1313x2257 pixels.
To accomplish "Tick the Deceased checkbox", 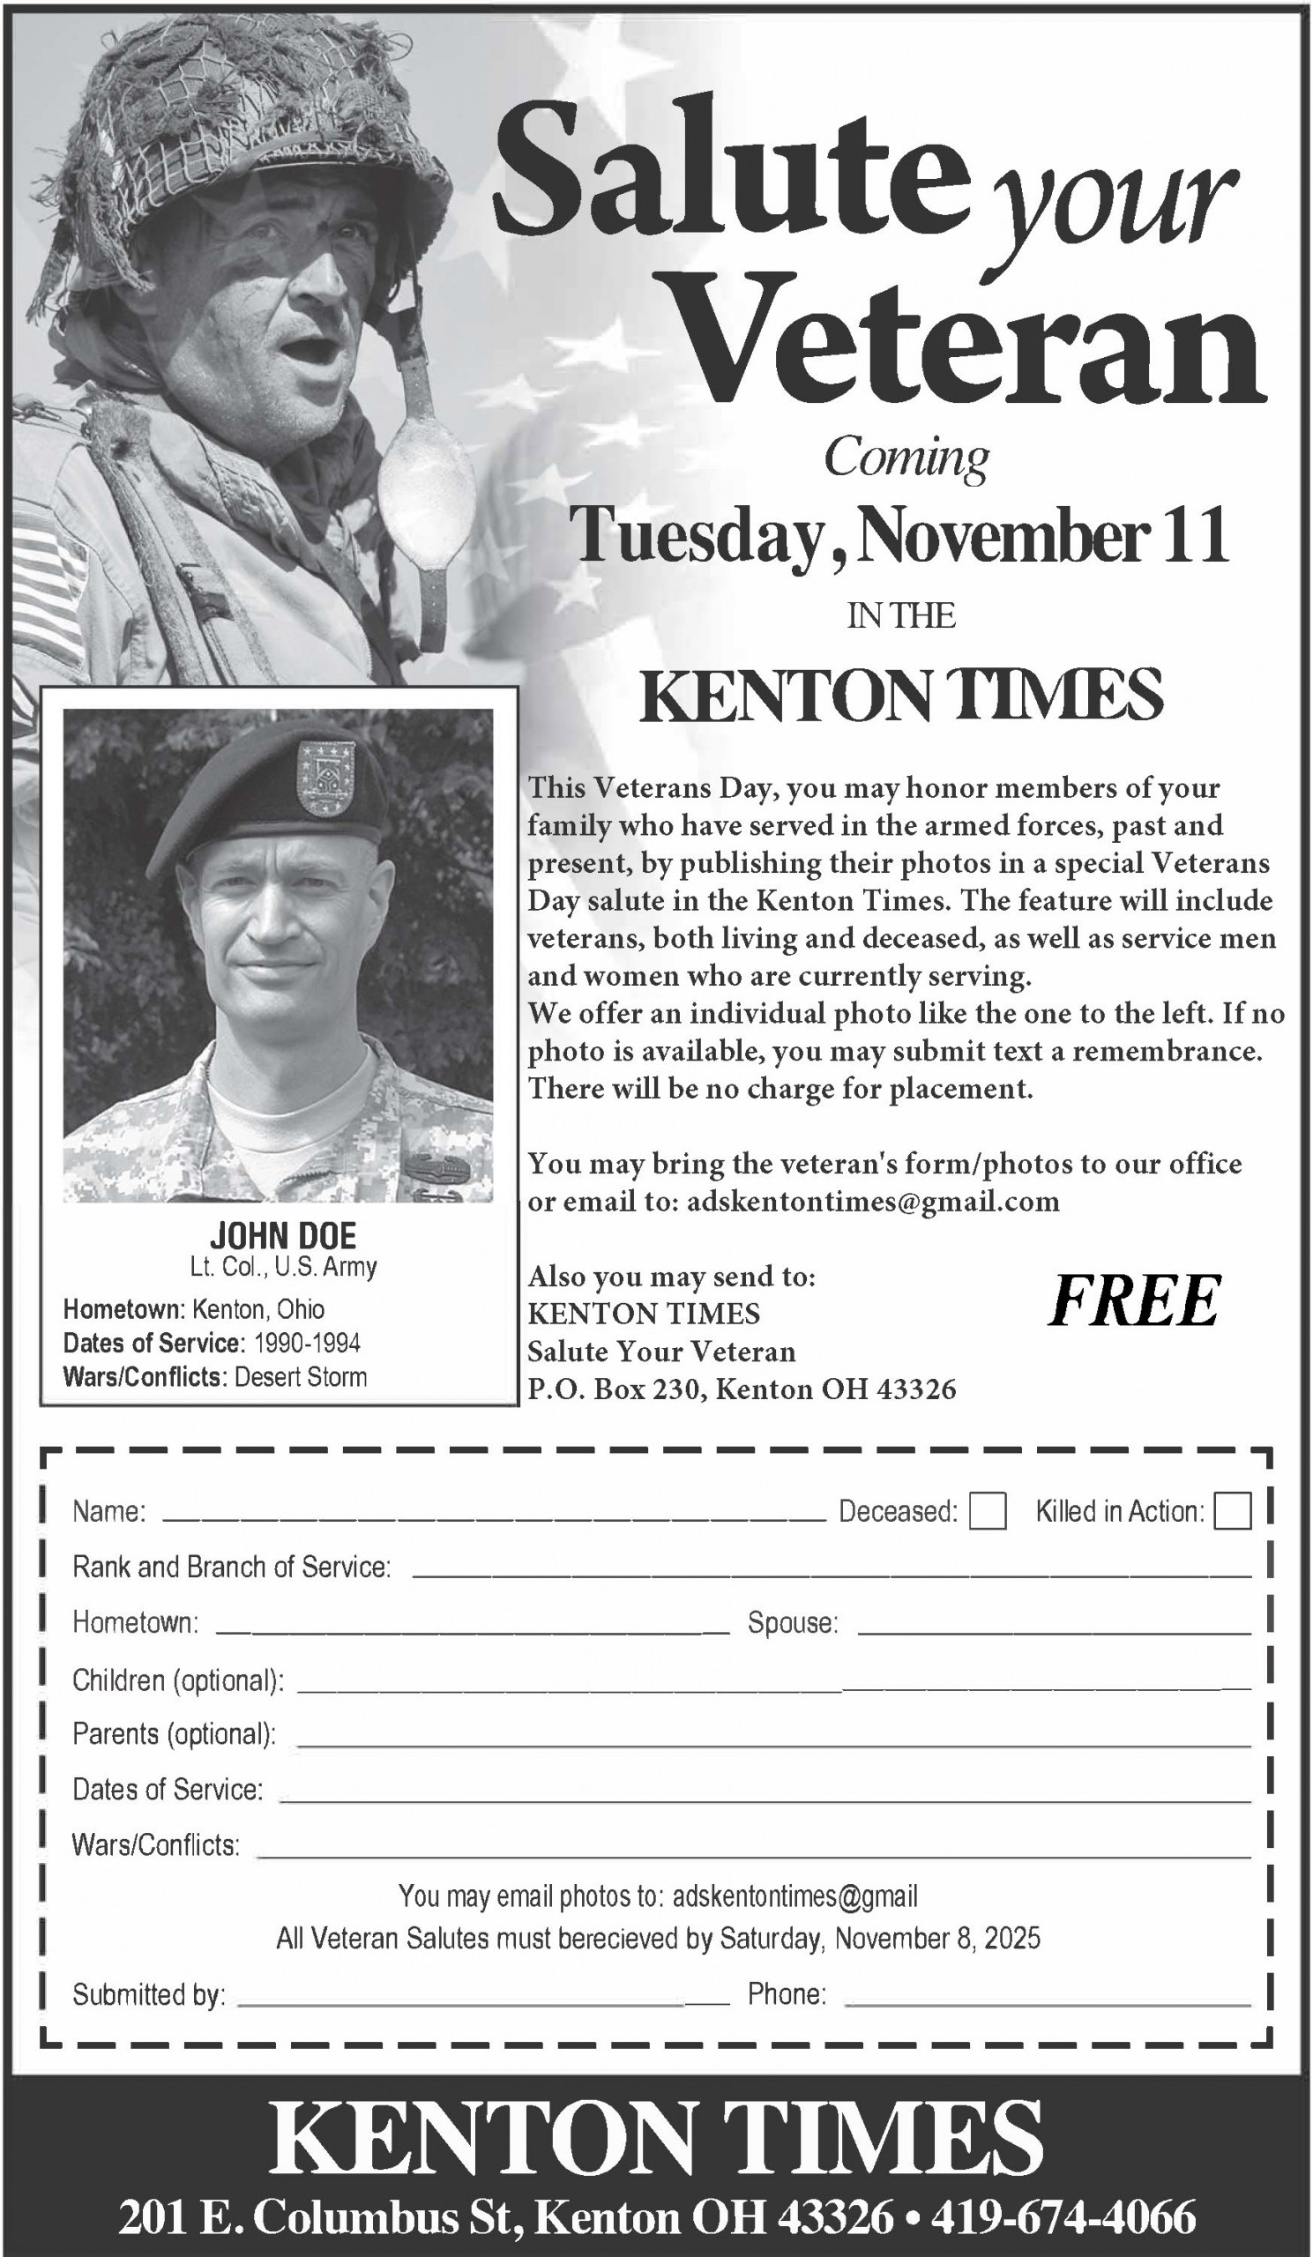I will tap(987, 1511).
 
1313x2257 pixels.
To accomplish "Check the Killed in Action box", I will tap(1232, 1511).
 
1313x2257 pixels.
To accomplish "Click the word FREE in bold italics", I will tap(1134, 1301).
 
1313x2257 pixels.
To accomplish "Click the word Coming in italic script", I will tap(906, 458).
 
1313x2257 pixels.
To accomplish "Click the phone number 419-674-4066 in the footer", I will tap(1063, 2216).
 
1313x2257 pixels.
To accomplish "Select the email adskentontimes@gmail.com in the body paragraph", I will tap(872, 1201).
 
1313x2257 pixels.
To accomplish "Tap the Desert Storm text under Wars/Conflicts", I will tap(300, 1376).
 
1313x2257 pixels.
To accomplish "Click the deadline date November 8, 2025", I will tap(936, 1939).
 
